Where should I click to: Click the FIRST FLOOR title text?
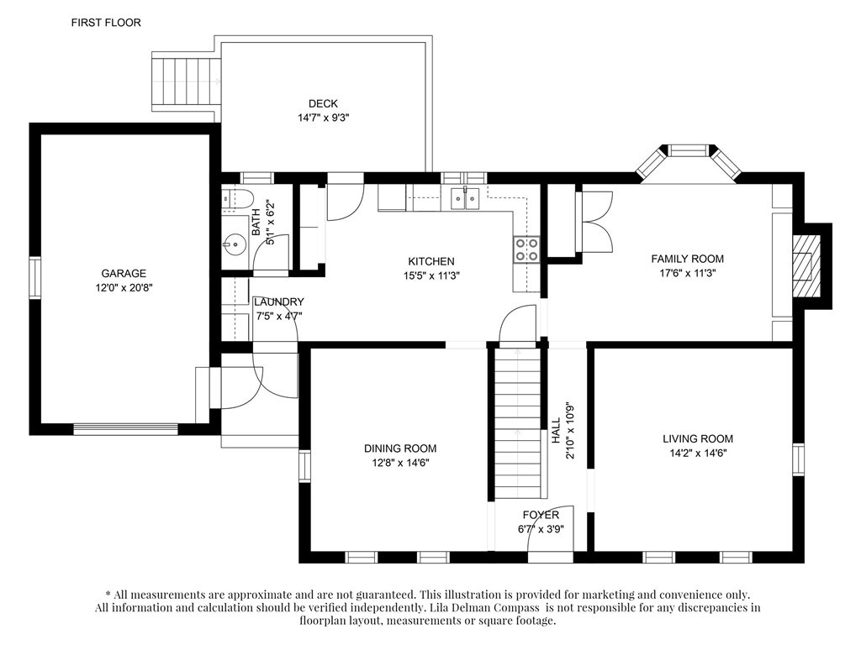click(x=106, y=23)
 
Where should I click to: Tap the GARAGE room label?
click(x=124, y=273)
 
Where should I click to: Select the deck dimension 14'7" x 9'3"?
click(x=324, y=118)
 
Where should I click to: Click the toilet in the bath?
click(x=237, y=198)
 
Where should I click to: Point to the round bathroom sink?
click(x=235, y=243)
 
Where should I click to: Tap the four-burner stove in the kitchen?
click(x=526, y=249)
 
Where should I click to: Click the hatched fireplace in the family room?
click(x=806, y=266)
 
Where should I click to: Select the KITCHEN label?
click(x=431, y=262)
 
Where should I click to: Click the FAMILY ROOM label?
click(x=688, y=259)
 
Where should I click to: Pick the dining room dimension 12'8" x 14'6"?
click(x=400, y=463)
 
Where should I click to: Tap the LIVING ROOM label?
click(x=698, y=438)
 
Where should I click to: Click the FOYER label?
click(x=541, y=515)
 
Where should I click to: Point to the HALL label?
click(x=557, y=431)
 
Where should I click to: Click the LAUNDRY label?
click(x=279, y=302)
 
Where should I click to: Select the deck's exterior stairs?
click(x=186, y=81)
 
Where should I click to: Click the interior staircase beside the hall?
click(x=517, y=423)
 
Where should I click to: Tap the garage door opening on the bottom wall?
click(x=126, y=428)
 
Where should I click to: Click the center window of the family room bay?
click(x=689, y=149)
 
